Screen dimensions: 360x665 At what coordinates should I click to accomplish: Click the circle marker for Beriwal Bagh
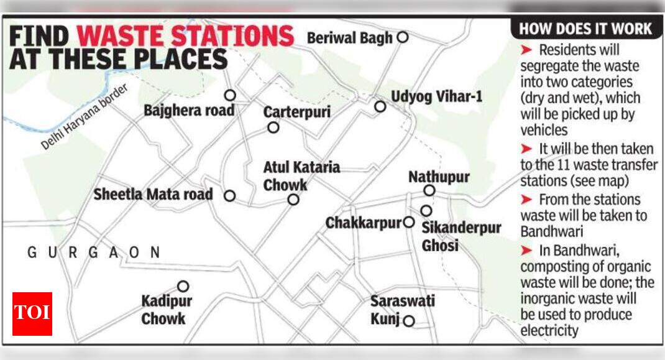click(x=402, y=37)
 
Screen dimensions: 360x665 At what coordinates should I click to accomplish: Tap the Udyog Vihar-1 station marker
click(x=380, y=106)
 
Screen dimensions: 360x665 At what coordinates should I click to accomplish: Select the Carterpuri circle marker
click(x=273, y=127)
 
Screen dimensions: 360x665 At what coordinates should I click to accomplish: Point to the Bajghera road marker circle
click(x=230, y=95)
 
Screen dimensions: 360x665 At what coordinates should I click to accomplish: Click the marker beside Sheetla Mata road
click(x=229, y=195)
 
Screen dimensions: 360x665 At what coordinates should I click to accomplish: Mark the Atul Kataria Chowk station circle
click(x=293, y=200)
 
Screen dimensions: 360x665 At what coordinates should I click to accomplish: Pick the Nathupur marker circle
click(x=429, y=190)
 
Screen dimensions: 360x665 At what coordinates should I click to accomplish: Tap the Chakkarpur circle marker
click(x=409, y=222)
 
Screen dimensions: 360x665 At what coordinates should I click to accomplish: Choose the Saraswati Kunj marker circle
click(x=409, y=321)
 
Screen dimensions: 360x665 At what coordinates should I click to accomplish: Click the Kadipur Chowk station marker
click(x=183, y=286)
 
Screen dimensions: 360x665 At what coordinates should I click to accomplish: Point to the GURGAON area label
click(x=94, y=252)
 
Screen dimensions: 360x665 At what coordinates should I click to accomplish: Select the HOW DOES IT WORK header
click(x=585, y=29)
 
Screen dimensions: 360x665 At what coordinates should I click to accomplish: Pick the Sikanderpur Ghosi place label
click(x=461, y=236)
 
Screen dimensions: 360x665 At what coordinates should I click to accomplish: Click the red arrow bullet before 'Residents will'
click(x=526, y=50)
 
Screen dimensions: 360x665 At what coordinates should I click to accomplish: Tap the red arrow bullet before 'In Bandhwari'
click(x=526, y=250)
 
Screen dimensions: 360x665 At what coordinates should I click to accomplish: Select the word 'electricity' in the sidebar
click(x=549, y=331)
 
